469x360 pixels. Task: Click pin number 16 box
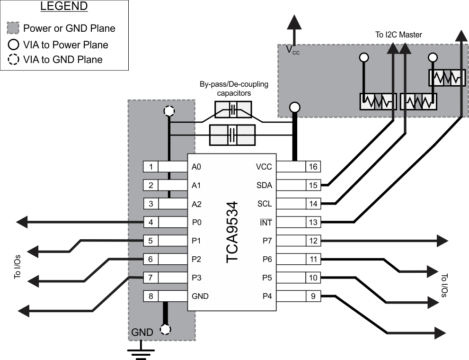313,167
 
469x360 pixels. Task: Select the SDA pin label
265,185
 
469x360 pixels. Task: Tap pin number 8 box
150,297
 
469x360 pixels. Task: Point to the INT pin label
265,222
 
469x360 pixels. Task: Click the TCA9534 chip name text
232,232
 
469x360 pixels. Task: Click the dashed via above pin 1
168,112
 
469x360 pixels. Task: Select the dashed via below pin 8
166,329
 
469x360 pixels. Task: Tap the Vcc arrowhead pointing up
295,22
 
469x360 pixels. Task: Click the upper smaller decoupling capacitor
232,110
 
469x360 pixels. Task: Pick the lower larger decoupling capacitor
232,135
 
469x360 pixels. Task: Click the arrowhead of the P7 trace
442,241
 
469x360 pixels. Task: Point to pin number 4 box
150,222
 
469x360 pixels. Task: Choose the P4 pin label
267,297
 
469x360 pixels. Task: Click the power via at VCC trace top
295,108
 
